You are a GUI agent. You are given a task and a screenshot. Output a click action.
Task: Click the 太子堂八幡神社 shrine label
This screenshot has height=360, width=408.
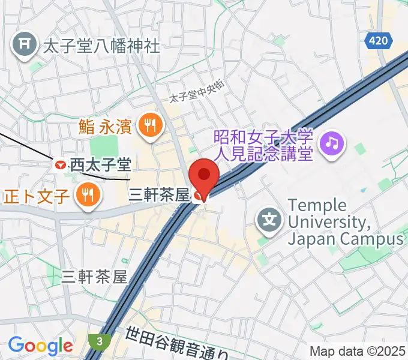click(x=101, y=46)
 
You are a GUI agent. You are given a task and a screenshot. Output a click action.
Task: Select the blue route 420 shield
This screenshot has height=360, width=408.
click(x=379, y=41)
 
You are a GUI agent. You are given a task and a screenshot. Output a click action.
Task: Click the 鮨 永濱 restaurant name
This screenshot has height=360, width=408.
click(x=105, y=126)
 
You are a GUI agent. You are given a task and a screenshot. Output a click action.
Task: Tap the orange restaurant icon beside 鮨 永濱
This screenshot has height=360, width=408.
click(x=148, y=125)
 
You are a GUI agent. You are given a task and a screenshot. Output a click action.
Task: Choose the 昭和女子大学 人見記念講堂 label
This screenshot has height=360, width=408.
click(x=263, y=144)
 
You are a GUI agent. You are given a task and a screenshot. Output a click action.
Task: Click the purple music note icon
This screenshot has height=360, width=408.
click(x=332, y=143)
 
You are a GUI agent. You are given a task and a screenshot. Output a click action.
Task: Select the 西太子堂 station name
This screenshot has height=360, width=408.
click(x=100, y=164)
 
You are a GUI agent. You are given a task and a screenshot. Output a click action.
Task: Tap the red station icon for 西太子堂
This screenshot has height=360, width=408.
click(x=61, y=164)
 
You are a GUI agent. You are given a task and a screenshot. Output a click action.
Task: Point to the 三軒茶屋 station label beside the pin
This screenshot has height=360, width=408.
click(x=160, y=195)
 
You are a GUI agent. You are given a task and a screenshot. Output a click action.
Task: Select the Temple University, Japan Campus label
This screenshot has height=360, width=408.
click(x=346, y=222)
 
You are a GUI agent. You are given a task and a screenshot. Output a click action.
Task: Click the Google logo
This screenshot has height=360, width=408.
click(x=40, y=346)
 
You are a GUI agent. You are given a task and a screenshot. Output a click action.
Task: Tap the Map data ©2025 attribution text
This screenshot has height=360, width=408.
click(x=358, y=351)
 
